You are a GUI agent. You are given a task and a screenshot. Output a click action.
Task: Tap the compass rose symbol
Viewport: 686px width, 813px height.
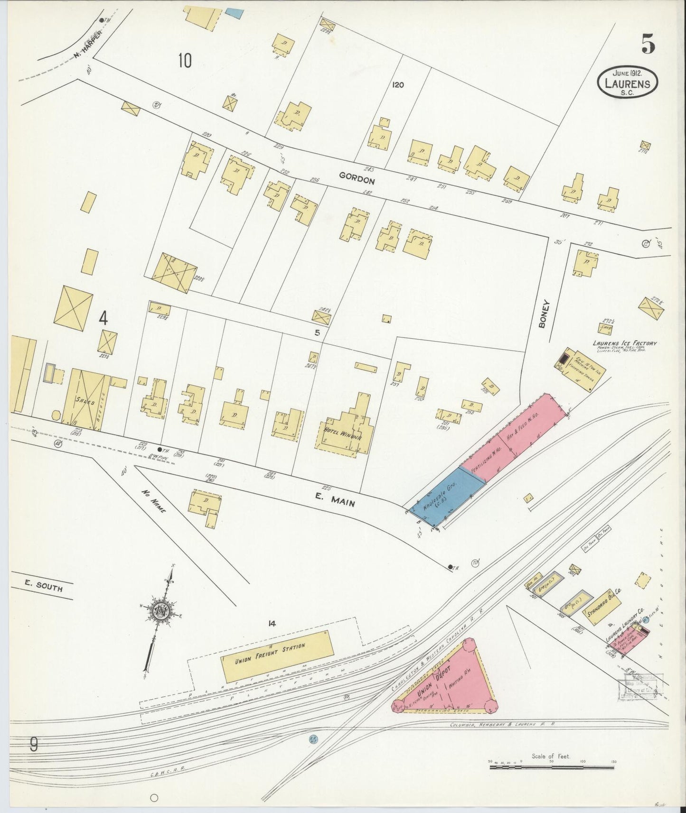coord(156,612)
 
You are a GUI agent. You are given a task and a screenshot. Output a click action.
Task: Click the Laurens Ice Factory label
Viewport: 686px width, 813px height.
coord(624,343)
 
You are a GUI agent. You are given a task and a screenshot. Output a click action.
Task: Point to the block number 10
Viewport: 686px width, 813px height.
coord(185,61)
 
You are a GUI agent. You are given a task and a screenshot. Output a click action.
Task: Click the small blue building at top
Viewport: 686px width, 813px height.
coord(233,12)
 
